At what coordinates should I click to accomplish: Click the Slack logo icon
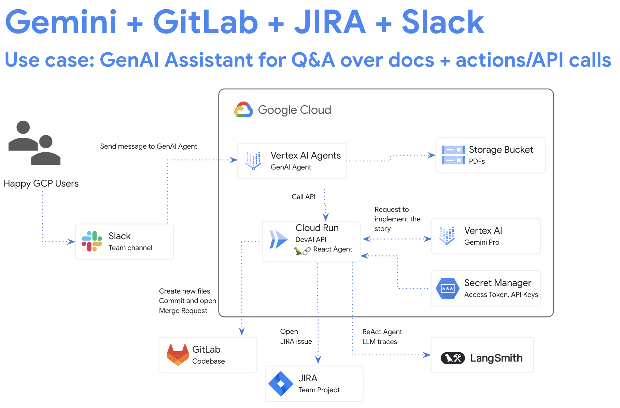[92, 241]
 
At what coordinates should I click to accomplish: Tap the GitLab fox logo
[178, 355]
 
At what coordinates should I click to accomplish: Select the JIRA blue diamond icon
[281, 384]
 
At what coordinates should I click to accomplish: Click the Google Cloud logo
[243, 110]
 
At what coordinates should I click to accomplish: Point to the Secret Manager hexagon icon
[447, 288]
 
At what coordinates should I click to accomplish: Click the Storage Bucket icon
[453, 155]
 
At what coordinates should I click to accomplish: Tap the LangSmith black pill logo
[453, 358]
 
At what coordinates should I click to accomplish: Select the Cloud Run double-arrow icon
[278, 239]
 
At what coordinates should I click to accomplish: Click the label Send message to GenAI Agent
[149, 146]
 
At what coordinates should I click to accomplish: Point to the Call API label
[303, 197]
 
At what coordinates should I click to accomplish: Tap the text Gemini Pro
[481, 242]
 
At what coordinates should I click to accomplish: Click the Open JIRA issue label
[296, 336]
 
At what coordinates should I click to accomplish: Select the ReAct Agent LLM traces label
[382, 337]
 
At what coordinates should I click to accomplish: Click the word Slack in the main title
[443, 23]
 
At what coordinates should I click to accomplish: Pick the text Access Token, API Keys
[501, 295]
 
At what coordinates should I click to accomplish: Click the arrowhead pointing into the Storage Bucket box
[432, 155]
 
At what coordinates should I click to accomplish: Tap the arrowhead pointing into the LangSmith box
[427, 355]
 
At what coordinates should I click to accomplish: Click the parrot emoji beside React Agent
[298, 251]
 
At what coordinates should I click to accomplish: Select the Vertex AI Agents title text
[306, 155]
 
